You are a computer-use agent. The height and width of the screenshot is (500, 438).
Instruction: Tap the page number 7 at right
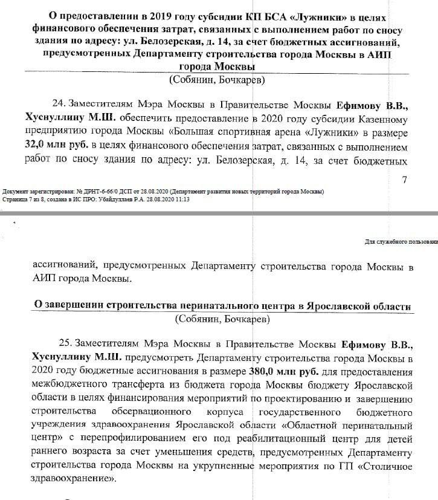[x=405, y=180]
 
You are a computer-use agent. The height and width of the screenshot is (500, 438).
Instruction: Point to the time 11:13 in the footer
[x=181, y=199]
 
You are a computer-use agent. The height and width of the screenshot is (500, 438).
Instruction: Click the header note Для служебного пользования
[x=401, y=241]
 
